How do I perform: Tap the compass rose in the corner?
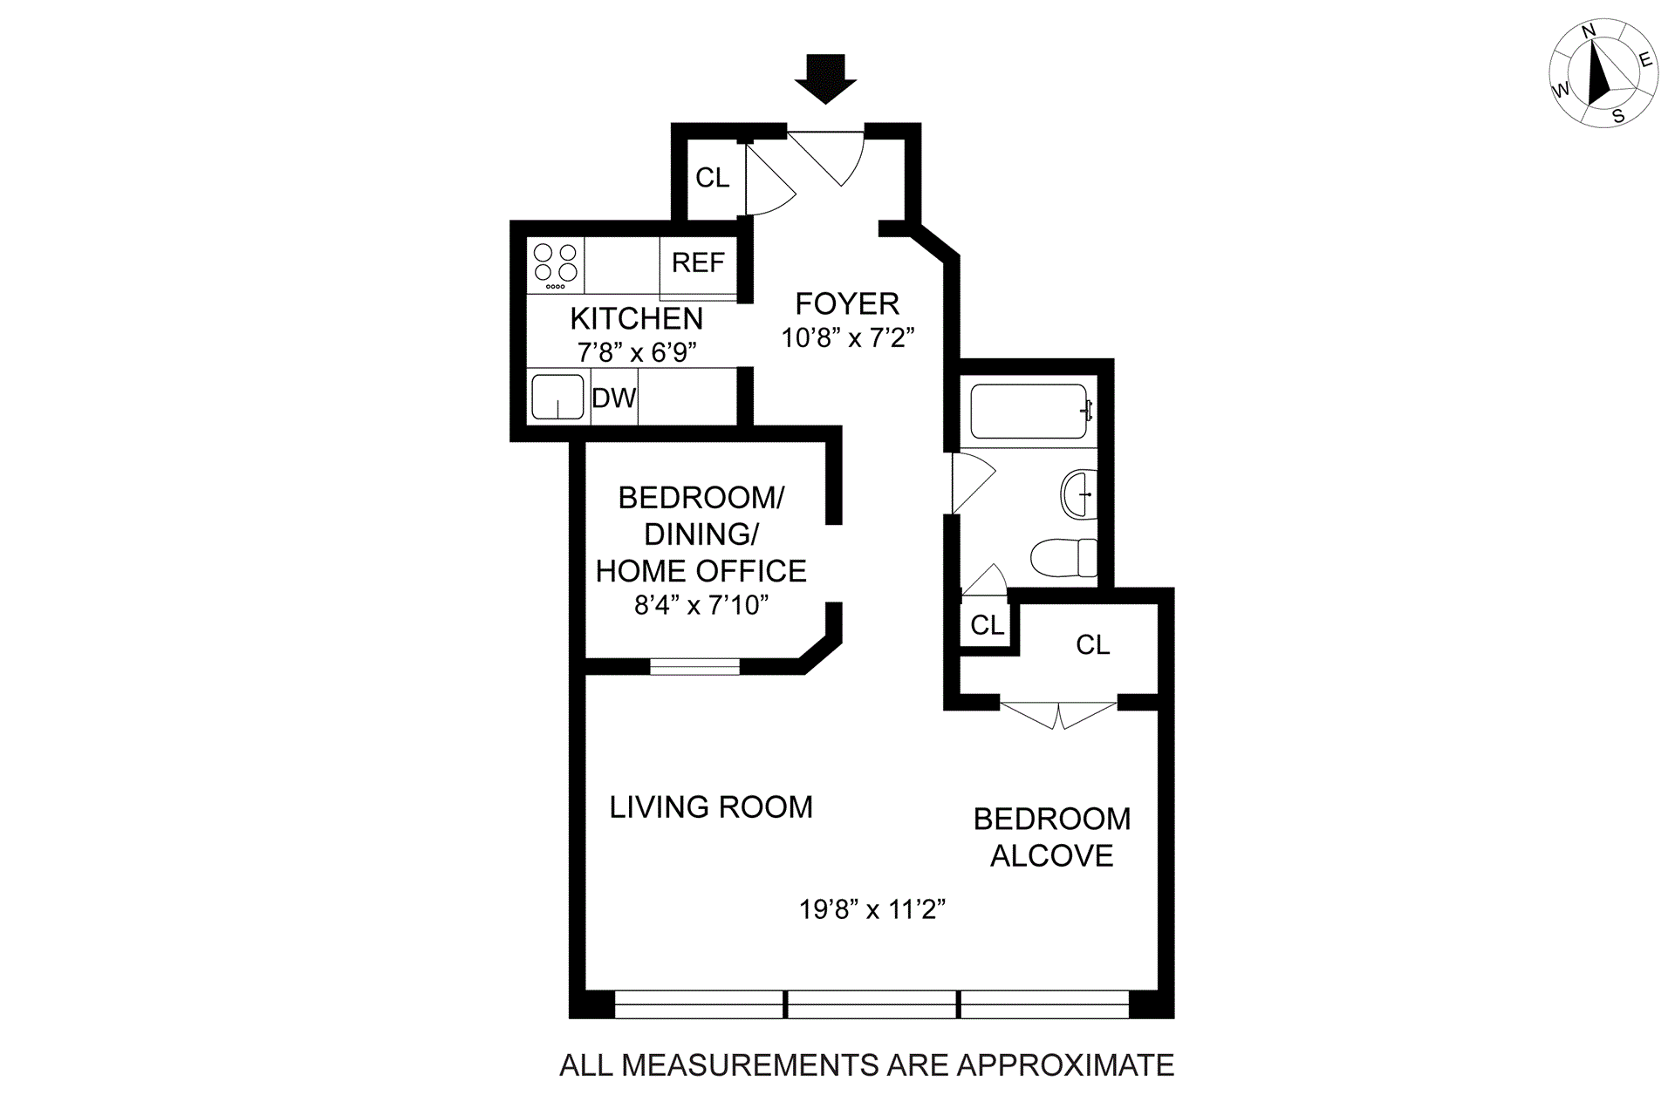[x=1603, y=74]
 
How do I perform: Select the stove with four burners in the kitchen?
[x=556, y=265]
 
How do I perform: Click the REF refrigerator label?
[x=698, y=262]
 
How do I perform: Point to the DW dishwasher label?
[x=614, y=398]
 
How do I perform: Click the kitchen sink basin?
[x=557, y=397]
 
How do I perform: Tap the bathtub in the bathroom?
[x=1029, y=411]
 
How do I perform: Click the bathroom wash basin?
[x=1079, y=494]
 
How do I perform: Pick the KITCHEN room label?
[x=636, y=319]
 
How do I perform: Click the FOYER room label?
[x=847, y=304]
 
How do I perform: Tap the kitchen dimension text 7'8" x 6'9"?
[x=637, y=352]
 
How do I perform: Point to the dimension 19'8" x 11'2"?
[x=872, y=909]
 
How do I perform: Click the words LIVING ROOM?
[x=711, y=807]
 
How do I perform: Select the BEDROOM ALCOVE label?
[x=1052, y=837]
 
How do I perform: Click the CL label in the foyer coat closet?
[x=712, y=178]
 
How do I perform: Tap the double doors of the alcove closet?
[x=1058, y=714]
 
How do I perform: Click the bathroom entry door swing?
[x=971, y=482]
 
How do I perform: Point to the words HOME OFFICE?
[x=701, y=571]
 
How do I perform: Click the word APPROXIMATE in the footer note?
[x=1065, y=1065]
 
